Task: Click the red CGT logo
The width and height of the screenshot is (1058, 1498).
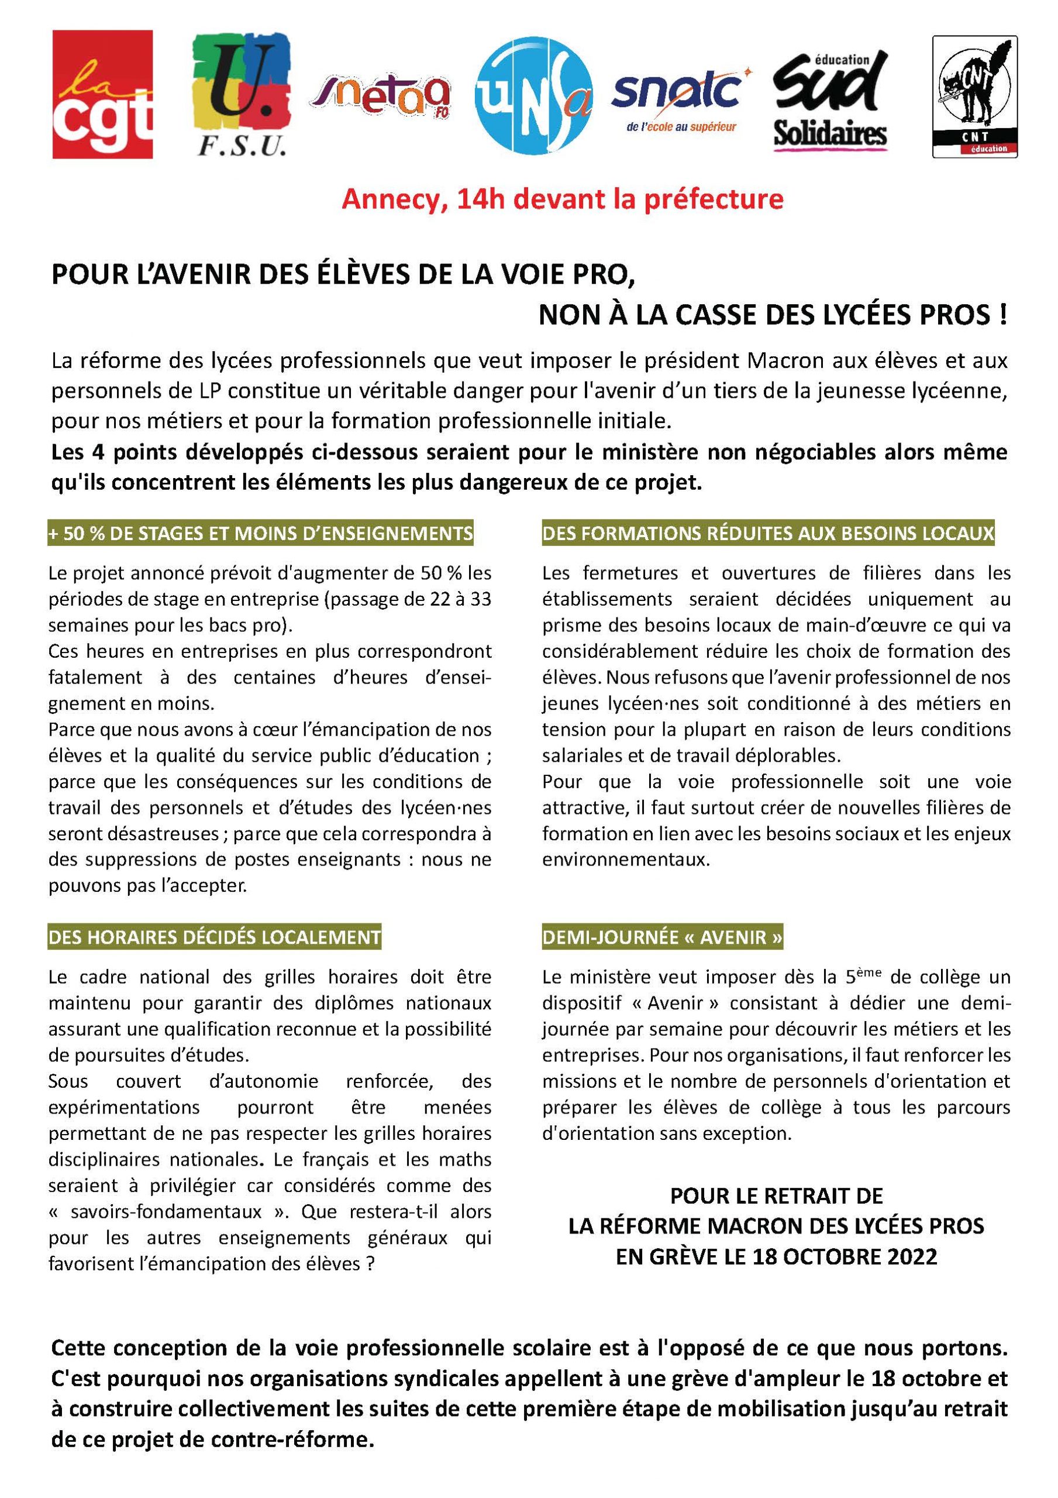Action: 102,94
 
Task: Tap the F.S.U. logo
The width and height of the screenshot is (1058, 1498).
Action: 242,95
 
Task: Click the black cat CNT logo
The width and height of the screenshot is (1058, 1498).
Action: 974,96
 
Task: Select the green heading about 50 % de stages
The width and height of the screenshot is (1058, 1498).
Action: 260,534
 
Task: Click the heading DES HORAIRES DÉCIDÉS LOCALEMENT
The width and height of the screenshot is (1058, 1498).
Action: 215,937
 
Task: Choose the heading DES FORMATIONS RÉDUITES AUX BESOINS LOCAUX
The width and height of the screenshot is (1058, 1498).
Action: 768,534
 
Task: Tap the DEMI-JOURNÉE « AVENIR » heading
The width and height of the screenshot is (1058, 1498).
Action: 662,937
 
